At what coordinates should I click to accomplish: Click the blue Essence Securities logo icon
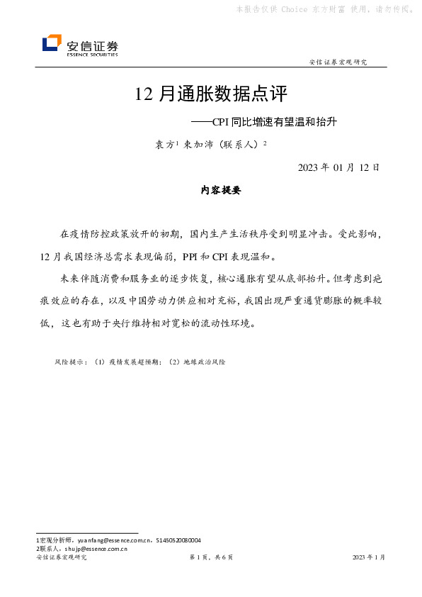pos(52,44)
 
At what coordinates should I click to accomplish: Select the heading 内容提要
pos(221,190)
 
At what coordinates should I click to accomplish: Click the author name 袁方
pos(164,144)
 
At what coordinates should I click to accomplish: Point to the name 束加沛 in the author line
pos(198,144)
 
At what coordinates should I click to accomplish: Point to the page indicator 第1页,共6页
pos(211,558)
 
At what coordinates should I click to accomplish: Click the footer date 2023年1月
pos(369,558)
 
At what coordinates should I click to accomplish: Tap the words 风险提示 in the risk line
pos(67,362)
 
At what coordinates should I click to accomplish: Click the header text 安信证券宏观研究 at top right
pos(338,62)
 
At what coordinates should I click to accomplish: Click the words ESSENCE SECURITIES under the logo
pos(92,54)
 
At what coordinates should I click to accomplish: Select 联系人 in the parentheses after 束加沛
pos(241,144)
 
